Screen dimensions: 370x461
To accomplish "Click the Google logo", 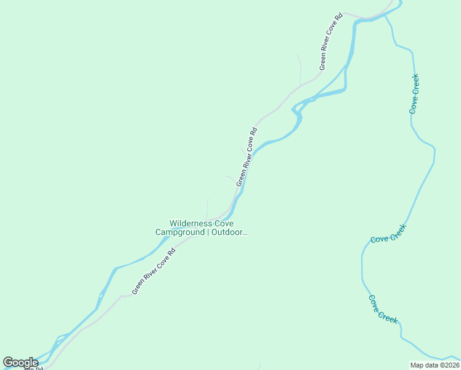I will [x=20, y=363].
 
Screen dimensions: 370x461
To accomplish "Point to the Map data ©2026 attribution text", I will [x=434, y=365].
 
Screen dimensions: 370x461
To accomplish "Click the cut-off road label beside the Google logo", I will [x=34, y=368].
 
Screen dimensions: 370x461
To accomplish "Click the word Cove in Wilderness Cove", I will [x=223, y=224].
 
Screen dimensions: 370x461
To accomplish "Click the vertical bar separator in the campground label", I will [x=208, y=232].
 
